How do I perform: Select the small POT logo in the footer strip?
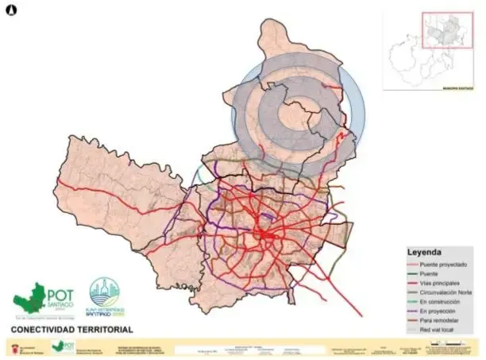[x=60, y=347]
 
